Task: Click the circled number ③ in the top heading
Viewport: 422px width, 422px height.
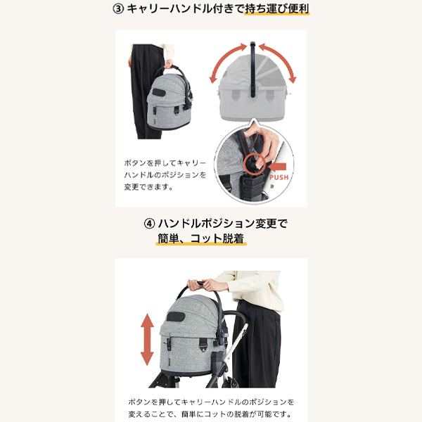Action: click(x=118, y=9)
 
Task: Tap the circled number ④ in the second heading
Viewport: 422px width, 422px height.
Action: click(x=149, y=224)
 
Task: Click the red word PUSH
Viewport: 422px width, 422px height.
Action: click(x=279, y=177)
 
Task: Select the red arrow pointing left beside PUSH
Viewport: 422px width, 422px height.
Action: click(x=277, y=167)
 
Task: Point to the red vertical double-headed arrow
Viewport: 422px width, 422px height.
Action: click(x=147, y=340)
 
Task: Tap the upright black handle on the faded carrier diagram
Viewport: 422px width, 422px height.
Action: click(x=252, y=70)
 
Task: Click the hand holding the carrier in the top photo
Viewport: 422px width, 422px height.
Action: click(x=169, y=64)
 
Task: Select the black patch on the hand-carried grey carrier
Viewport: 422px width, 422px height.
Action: click(x=159, y=92)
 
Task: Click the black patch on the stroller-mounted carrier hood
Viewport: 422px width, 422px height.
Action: click(x=176, y=316)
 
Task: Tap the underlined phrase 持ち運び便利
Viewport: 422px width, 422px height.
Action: click(x=277, y=9)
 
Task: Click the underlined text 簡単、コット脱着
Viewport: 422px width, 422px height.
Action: click(x=201, y=238)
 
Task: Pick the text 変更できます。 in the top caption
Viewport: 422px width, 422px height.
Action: click(x=148, y=186)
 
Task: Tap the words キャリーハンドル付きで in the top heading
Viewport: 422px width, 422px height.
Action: click(x=185, y=9)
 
